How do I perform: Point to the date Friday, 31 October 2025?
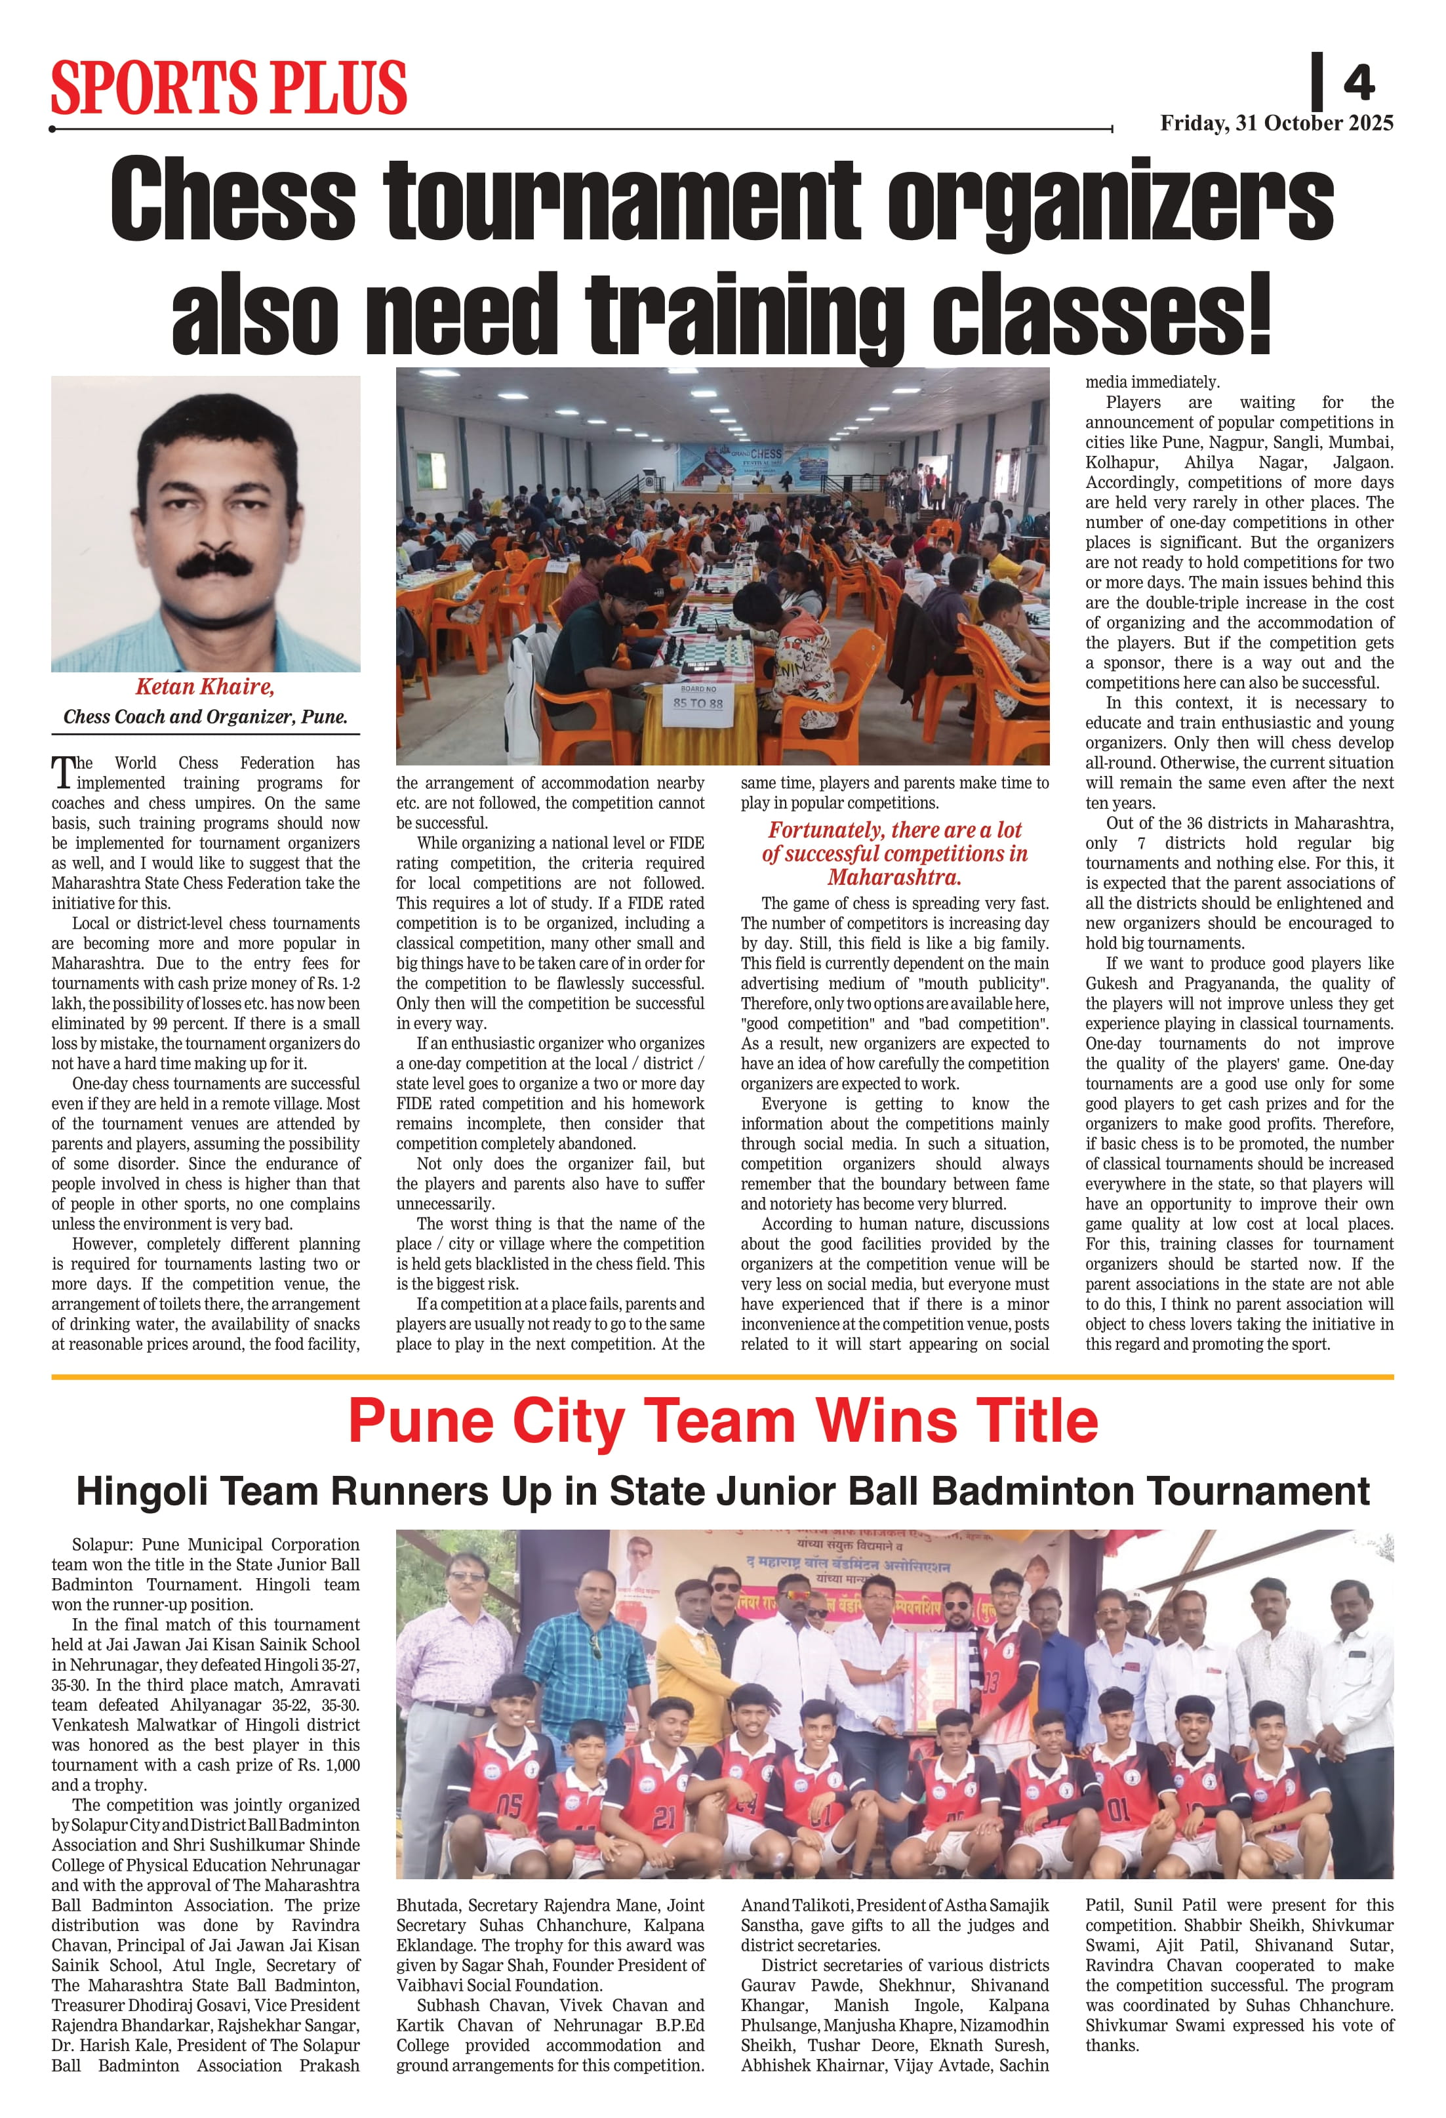pos(1275,123)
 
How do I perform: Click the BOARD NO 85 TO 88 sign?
pos(698,697)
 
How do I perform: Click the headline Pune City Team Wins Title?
pos(723,1421)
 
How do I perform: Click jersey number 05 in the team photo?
pos(510,1804)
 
